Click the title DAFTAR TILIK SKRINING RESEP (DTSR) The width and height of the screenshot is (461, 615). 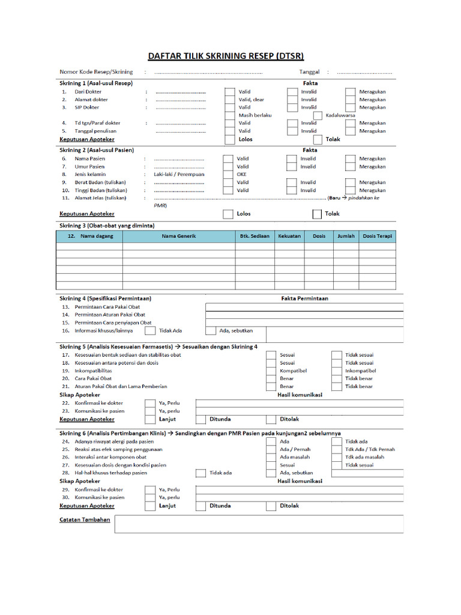click(226, 56)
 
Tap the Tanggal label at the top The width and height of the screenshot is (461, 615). click(309, 72)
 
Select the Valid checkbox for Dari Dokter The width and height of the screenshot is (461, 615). click(229, 92)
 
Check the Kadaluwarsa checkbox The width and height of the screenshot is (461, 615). click(318, 115)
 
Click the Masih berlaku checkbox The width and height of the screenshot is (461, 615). click(229, 115)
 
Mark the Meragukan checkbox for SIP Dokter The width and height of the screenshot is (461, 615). click(350, 108)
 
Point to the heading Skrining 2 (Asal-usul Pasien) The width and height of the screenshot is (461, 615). click(96, 150)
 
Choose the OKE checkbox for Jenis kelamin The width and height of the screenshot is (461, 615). click(227, 175)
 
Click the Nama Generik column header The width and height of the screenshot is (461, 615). click(178, 237)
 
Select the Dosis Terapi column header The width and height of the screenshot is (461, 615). click(378, 237)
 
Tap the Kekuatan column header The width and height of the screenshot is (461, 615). click(289, 237)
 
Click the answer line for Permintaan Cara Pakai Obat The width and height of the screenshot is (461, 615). click(304, 307)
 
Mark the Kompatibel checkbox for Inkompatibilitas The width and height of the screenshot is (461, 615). click(271, 371)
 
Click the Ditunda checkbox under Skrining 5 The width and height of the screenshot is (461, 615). click(200, 419)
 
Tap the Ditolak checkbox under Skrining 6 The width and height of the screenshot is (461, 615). click(271, 506)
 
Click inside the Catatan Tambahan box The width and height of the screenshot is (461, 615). click(259, 524)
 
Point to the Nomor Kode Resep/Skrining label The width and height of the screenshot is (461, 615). click(96, 72)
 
